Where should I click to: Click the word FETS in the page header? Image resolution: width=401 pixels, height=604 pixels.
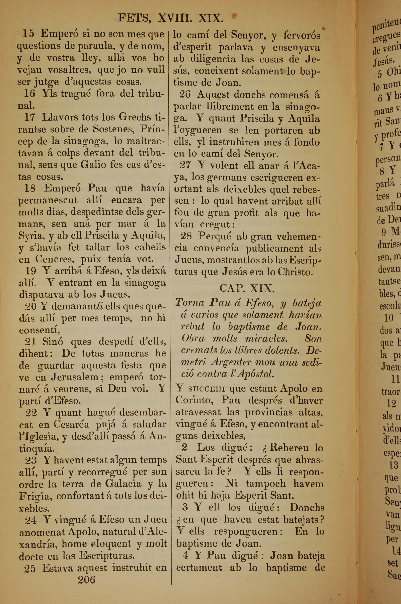pyautogui.click(x=134, y=18)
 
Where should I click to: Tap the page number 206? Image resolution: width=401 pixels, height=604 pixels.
pyautogui.click(x=86, y=580)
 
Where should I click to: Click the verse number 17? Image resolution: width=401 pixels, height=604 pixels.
pyautogui.click(x=30, y=117)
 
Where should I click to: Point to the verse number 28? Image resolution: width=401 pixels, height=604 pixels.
pyautogui.click(x=186, y=236)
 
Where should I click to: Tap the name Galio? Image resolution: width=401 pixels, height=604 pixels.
pyautogui.click(x=93, y=164)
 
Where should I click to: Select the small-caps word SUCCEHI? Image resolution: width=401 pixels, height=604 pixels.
pyautogui.click(x=207, y=389)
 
